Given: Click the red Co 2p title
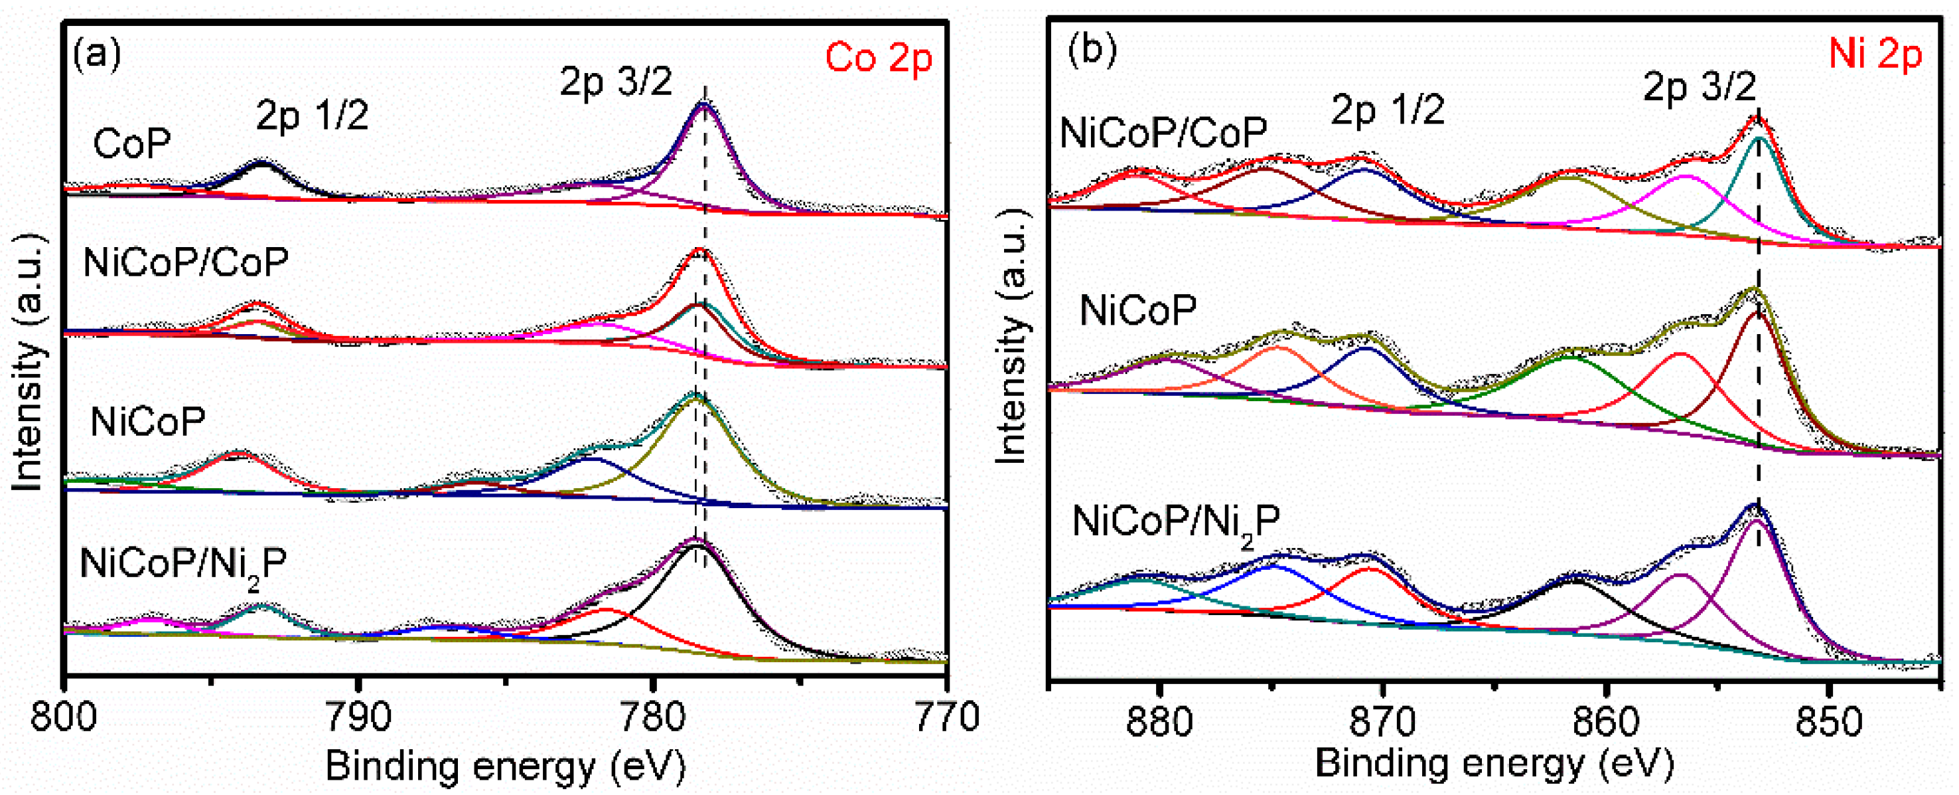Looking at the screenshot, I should pos(879,58).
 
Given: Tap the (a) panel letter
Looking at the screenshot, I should pos(97,54).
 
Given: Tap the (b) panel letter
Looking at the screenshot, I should pos(1092,50).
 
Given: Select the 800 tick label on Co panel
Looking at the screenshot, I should pos(64,717).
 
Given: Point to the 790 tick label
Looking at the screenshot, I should pos(358,717).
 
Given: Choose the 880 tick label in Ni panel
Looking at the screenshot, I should pos(1159,721).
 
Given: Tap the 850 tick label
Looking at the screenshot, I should pos(1829,721).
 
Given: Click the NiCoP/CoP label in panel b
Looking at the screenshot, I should pos(1163,133).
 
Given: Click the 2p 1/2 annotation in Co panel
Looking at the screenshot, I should pos(312,116).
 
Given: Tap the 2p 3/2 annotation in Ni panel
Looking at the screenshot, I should pos(1699,87).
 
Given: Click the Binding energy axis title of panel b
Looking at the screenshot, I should pos(1494,763).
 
